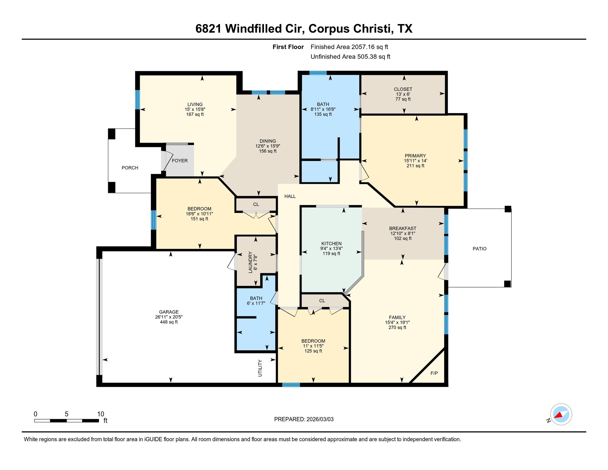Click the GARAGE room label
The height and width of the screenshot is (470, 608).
169,312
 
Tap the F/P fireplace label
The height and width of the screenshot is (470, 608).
434,373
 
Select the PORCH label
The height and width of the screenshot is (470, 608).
130,168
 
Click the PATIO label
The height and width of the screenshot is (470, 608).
479,249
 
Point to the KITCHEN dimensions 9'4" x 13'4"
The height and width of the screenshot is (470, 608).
331,249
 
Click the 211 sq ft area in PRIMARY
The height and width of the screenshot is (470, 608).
415,166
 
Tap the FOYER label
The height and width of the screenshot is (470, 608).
180,161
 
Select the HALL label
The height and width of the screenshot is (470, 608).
290,196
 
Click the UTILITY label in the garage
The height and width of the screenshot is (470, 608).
260,368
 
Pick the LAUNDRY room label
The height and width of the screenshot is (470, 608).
250,262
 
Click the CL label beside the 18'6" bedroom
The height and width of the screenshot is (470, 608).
256,204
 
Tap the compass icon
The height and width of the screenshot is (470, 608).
561,414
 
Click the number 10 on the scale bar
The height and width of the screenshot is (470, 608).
101,414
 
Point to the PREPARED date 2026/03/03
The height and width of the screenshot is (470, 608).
320,419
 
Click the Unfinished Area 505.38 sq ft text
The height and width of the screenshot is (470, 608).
350,57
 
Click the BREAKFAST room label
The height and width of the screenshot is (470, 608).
403,228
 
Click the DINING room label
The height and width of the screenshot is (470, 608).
267,141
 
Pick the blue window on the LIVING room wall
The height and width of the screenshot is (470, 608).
137,99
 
